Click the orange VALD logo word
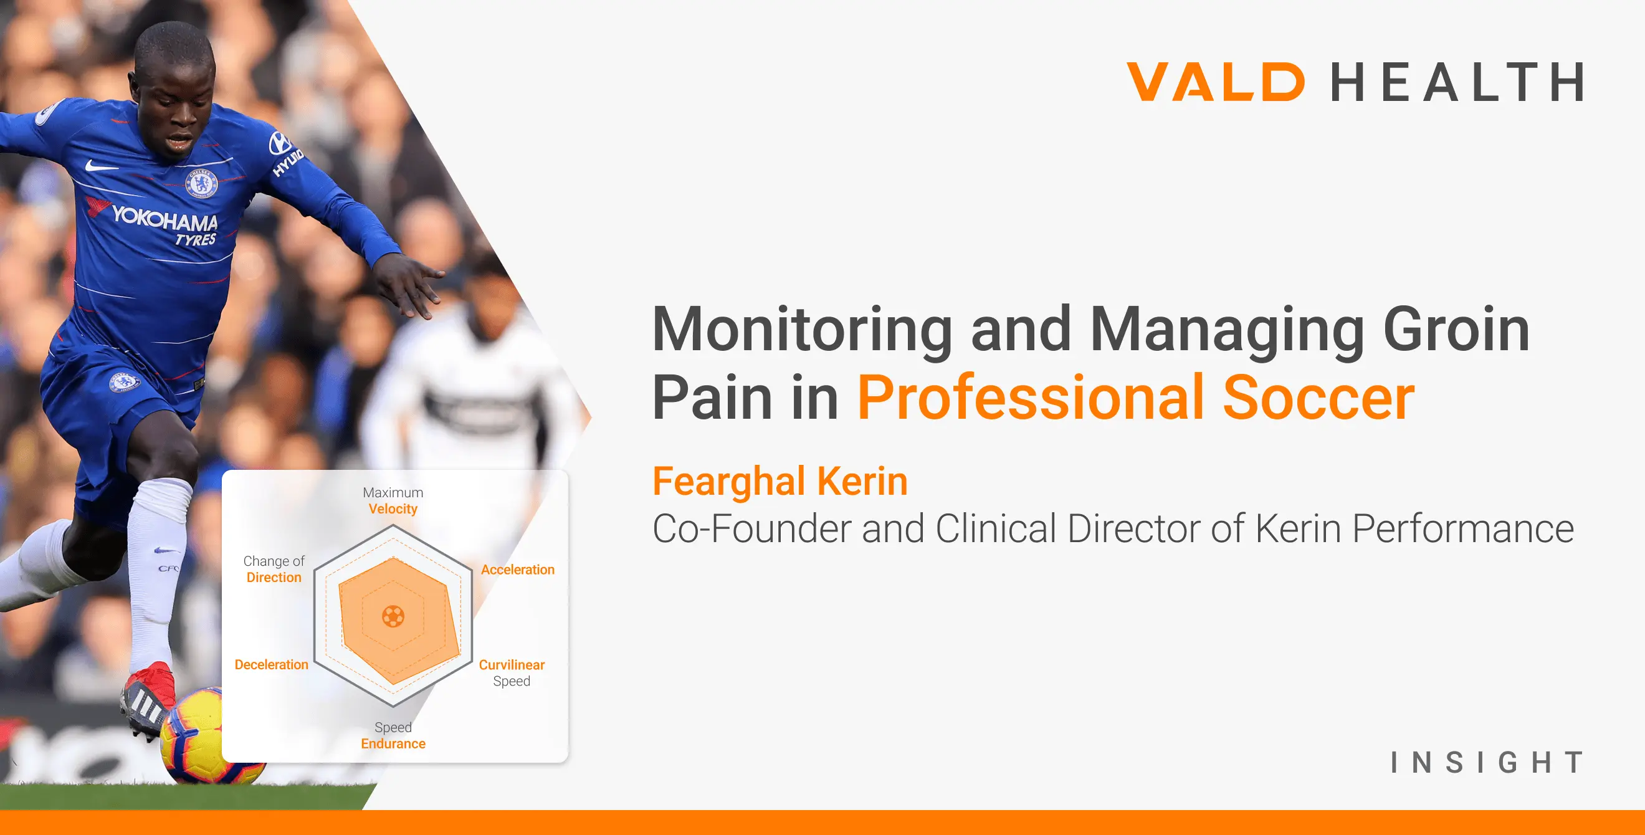(x=1216, y=81)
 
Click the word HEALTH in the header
(x=1457, y=81)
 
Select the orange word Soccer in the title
(x=1318, y=397)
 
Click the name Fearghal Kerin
(x=780, y=480)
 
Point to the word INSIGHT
(x=1487, y=762)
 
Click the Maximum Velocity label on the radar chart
(x=393, y=500)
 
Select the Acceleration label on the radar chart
(x=517, y=570)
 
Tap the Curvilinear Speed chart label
(x=512, y=673)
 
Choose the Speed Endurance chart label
(x=393, y=735)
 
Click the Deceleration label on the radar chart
(x=272, y=664)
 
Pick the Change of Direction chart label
(x=274, y=569)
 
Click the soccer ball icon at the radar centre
(x=393, y=616)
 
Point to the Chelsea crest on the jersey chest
(x=201, y=183)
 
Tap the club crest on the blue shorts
(x=124, y=382)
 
